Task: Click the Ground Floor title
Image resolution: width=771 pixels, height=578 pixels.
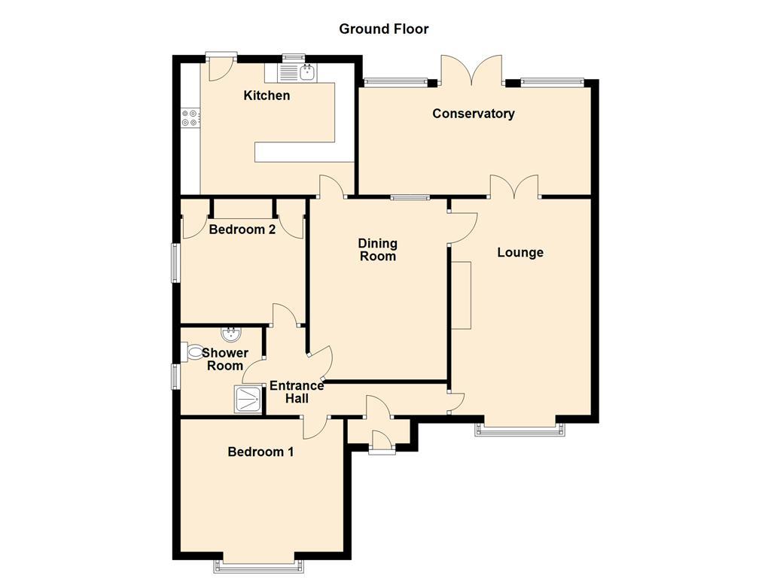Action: (x=383, y=29)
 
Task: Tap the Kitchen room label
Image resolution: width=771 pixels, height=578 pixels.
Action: (x=267, y=96)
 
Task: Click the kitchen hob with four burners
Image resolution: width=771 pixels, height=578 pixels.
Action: (x=190, y=117)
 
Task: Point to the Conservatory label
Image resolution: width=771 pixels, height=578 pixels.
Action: (x=473, y=114)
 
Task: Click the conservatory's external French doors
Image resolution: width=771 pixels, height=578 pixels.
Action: (x=472, y=71)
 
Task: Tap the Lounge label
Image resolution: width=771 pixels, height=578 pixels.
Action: (x=520, y=252)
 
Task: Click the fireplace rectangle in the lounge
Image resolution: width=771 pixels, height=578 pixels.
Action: (x=461, y=295)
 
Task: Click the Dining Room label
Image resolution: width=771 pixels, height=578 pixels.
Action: (x=377, y=250)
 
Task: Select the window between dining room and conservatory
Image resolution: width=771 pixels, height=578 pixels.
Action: (x=410, y=198)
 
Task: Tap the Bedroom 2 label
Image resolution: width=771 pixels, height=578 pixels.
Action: (x=242, y=230)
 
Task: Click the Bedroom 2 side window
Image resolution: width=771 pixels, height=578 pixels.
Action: (x=175, y=263)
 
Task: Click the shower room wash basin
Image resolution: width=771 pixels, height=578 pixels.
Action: (x=230, y=334)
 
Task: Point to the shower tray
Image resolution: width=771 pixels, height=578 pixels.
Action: (x=248, y=399)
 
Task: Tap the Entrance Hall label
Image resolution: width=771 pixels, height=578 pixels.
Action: (x=296, y=391)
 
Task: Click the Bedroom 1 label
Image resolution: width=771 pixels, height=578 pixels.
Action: (x=261, y=452)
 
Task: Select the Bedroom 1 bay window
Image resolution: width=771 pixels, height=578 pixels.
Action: (x=260, y=563)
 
